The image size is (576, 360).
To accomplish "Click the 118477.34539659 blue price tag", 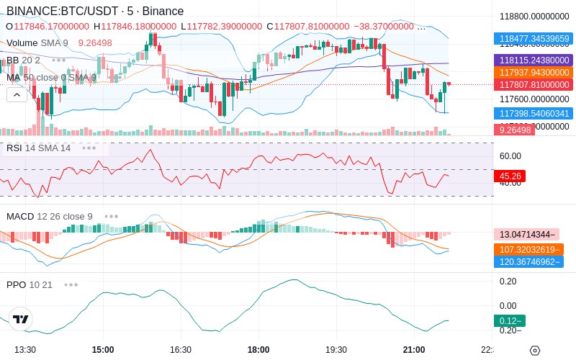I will pos(532,39).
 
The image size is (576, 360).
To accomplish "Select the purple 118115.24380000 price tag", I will pos(532,60).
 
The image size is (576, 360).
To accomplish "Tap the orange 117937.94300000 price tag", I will pos(532,73).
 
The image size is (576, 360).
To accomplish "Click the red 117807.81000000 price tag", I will pos(532,85).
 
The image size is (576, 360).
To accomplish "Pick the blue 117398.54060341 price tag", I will pos(532,114).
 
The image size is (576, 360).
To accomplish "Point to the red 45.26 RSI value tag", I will pos(509,176).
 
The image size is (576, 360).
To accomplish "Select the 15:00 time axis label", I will pos(103,349).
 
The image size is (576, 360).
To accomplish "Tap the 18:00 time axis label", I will pos(258,349).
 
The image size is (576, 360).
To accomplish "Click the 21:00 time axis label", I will pos(414,349).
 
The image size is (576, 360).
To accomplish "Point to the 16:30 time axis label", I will pos(181,349).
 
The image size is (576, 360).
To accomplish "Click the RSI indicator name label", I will pos(14,148).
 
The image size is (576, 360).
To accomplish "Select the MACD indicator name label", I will pos(19,216).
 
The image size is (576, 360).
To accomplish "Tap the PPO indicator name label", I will pos(16,284).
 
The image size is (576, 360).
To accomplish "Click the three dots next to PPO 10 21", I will pos(71,284).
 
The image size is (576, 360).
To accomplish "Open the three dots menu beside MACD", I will pos(111,216).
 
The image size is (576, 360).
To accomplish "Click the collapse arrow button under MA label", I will pos(15,94).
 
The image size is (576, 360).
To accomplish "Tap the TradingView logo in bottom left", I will pos(21,319).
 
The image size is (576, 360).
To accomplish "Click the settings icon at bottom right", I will pos(534,351).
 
